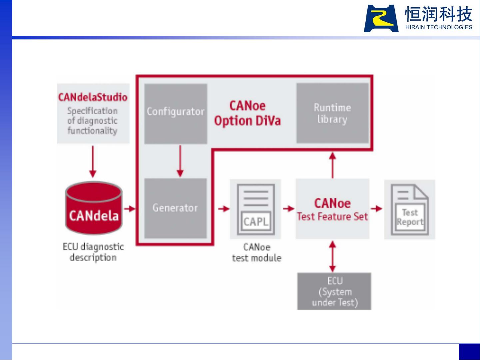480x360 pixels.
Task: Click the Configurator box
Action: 176,114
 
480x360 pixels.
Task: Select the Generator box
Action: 175,208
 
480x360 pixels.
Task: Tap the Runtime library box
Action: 332,113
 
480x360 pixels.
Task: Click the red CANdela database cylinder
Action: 94,208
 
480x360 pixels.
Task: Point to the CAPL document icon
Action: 256,209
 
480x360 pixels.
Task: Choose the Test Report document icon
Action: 409,209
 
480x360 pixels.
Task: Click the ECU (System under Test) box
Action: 334,291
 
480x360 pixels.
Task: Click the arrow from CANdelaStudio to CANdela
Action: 93,162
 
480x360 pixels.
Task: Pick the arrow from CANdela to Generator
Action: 130,209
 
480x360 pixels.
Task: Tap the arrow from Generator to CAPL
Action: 224,209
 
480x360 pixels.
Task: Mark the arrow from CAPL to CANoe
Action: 288,209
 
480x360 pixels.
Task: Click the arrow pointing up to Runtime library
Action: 332,165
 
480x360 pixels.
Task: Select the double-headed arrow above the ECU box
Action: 332,256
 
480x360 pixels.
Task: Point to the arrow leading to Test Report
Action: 377,209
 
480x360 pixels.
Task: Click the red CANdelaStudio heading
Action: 93,97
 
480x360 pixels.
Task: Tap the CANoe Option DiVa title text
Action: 247,113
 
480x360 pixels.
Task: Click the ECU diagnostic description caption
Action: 93,252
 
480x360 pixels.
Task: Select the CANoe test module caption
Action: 256,252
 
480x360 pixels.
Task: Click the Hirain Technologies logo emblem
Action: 381,19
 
